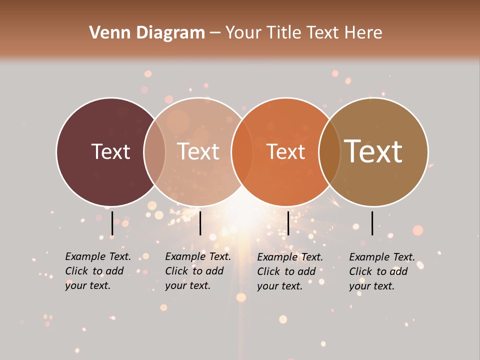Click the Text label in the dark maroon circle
click(110, 151)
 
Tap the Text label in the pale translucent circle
click(198, 151)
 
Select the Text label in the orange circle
click(285, 151)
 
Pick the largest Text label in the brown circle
click(373, 151)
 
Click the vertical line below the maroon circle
click(112, 223)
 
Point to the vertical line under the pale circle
click(200, 223)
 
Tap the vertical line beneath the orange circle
click(288, 223)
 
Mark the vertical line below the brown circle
click(372, 223)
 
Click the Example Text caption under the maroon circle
click(98, 271)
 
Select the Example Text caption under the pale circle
click(198, 271)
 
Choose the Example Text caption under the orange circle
click(290, 271)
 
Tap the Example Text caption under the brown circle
click(382, 271)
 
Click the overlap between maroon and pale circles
click(154, 152)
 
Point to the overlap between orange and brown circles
click(329, 152)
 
